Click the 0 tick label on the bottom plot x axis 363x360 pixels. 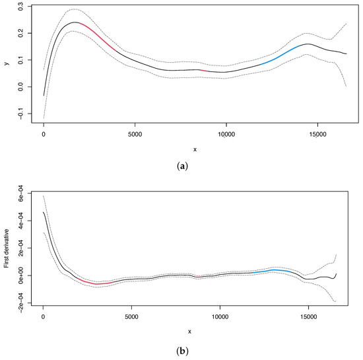click(x=43, y=316)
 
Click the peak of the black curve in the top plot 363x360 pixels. click(x=75, y=22)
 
